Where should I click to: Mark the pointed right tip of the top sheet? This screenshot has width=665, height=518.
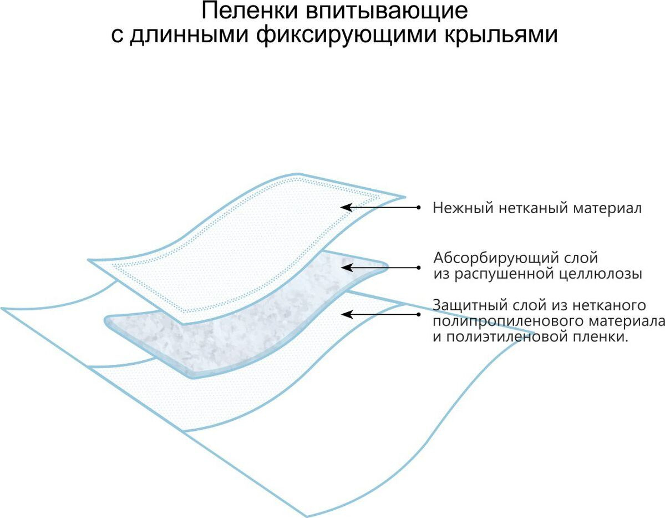tap(403, 197)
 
